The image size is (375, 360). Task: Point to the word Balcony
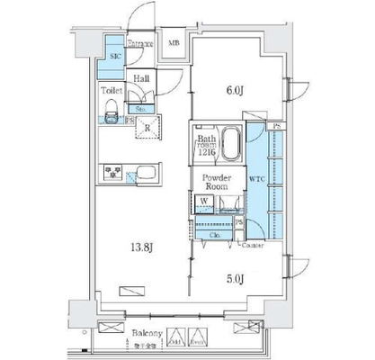pos(148,332)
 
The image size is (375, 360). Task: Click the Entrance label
pos(139,43)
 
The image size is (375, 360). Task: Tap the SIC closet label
pos(114,57)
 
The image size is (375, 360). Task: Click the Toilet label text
pos(112,91)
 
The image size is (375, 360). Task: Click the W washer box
pos(206,201)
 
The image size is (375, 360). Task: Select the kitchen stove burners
pos(114,170)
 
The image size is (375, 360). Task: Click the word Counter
pos(253,244)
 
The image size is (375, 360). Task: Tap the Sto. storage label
pos(141,108)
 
